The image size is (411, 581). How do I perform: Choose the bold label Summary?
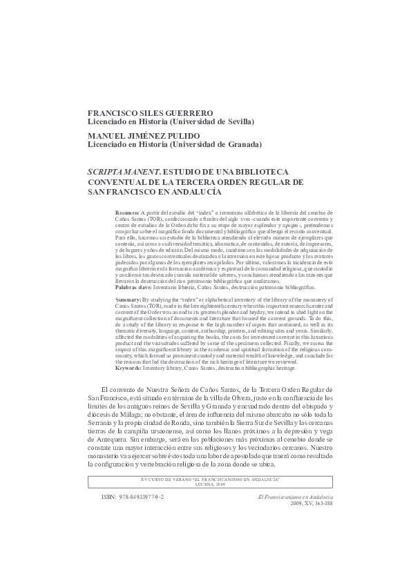pos(128,301)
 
